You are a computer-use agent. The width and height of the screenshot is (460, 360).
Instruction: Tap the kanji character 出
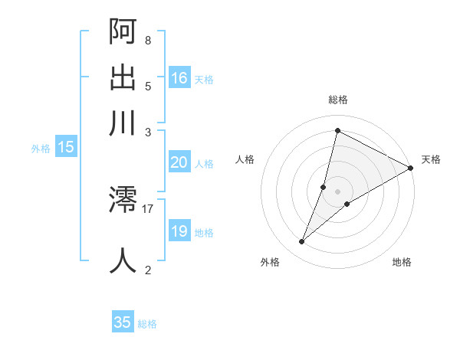coord(123,77)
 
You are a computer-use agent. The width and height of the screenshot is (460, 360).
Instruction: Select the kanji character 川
coord(123,123)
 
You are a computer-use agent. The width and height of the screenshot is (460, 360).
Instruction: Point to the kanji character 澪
coord(123,201)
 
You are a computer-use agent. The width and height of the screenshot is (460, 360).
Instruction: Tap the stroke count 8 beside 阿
coord(147,40)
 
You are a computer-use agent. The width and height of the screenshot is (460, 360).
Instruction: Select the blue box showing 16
coord(179,77)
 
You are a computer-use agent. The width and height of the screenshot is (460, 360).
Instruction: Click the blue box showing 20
coord(179,162)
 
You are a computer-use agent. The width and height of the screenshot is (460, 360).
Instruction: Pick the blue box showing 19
coord(179,231)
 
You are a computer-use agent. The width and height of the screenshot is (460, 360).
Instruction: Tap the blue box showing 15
coord(66,147)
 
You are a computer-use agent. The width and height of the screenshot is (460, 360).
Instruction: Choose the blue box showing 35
coord(123,322)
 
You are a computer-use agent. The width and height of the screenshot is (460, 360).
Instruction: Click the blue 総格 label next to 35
coord(147,324)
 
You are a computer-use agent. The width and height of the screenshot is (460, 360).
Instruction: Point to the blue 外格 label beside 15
coord(41,149)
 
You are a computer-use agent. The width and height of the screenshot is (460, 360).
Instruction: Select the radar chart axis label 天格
coord(431,159)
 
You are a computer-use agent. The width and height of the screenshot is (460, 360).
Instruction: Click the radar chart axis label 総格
coord(337,100)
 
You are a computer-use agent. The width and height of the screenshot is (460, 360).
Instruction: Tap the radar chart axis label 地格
coord(402,262)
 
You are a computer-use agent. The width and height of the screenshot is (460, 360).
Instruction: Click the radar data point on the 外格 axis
coord(302,242)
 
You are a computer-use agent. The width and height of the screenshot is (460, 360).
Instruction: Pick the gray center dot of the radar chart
coord(337,191)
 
